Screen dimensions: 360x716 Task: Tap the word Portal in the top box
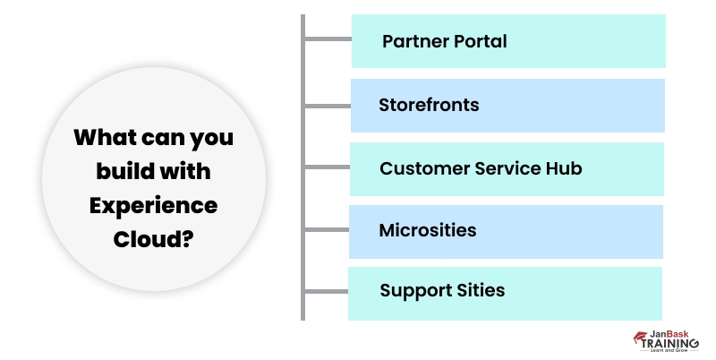pyautogui.click(x=478, y=41)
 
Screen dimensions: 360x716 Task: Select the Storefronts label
pyautogui.click(x=429, y=105)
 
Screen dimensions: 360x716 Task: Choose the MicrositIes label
pyautogui.click(x=428, y=230)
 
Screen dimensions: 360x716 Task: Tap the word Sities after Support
pyautogui.click(x=479, y=290)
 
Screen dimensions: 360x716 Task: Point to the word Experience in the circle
pyautogui.click(x=153, y=205)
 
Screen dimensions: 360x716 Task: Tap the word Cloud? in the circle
pyautogui.click(x=153, y=239)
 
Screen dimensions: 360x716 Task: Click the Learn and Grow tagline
pyautogui.click(x=672, y=350)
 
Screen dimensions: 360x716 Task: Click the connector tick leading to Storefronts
pyautogui.click(x=326, y=105)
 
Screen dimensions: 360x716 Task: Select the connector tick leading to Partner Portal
pyautogui.click(x=327, y=39)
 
